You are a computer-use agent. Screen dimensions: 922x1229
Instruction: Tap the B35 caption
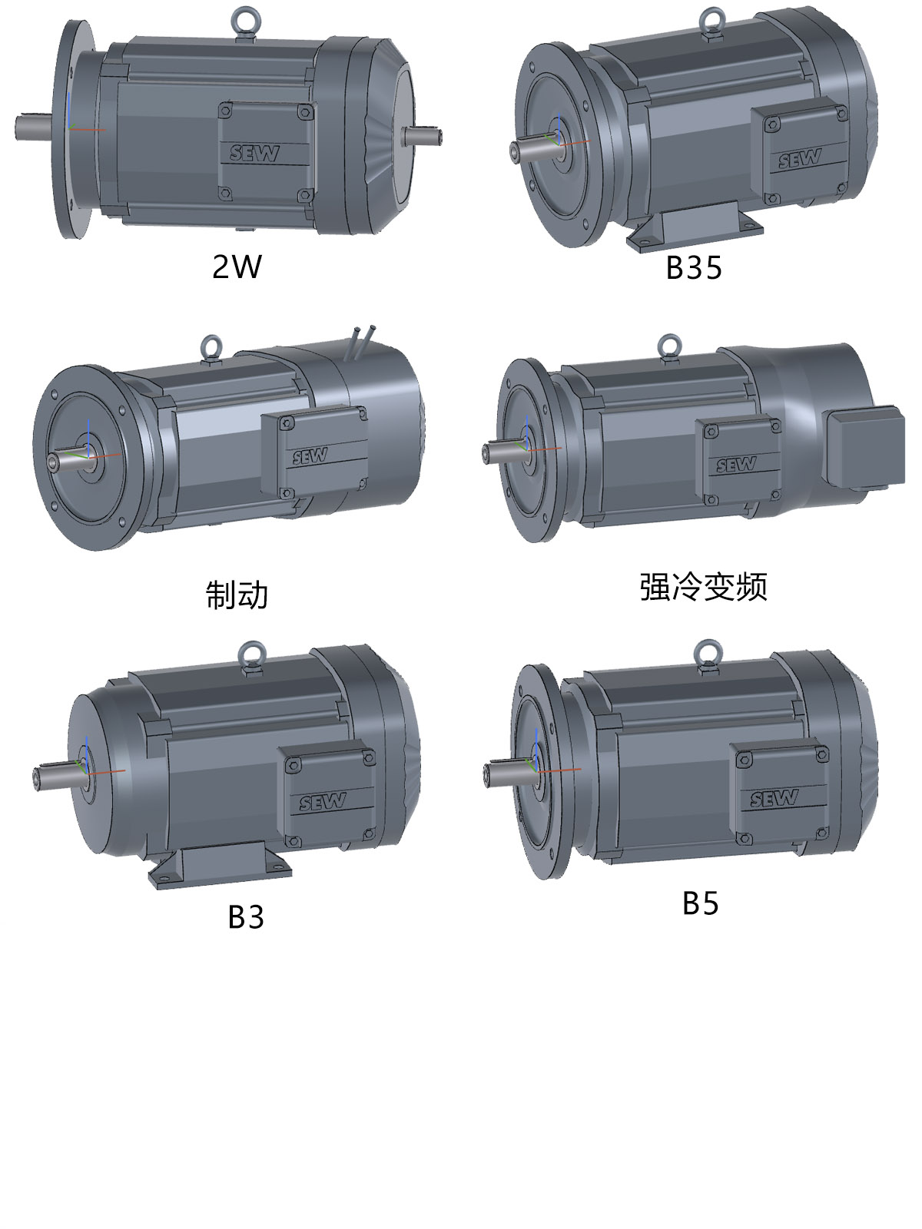point(694,267)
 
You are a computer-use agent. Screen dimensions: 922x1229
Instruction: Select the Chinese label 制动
point(237,594)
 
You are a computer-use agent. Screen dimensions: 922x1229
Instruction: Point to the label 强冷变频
point(704,587)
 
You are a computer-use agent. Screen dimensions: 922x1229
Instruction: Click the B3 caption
point(246,917)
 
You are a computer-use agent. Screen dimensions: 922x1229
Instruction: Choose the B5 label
point(700,903)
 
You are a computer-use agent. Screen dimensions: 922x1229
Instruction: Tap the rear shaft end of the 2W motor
point(422,135)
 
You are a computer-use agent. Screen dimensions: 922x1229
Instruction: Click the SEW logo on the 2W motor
point(254,153)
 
